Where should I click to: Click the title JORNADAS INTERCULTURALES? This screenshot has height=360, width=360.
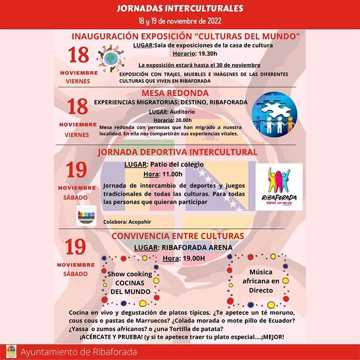coord(180,9)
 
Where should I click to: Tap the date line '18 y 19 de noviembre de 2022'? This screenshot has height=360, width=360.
coord(180,21)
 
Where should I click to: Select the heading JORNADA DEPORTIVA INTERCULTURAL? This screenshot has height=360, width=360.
coord(184,152)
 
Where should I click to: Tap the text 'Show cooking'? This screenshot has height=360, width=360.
coord(129,274)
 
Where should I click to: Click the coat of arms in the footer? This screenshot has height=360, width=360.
coord(9,352)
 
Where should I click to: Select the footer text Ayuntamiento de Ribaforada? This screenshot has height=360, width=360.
coord(79,352)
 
